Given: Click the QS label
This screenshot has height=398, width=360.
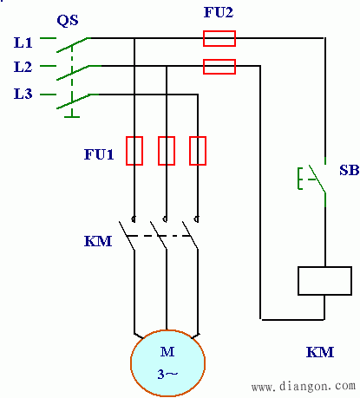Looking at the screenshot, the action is pos(68,21).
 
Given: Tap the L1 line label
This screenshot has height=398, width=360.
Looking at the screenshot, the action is pos(23,42).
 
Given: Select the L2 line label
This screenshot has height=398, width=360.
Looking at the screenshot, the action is pos(23,67).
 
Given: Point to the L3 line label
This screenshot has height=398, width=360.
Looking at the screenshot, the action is pos(23,94).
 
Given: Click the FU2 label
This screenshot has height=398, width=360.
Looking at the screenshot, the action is pos(219,12).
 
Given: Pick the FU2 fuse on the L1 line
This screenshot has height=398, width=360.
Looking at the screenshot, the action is pos(219,38).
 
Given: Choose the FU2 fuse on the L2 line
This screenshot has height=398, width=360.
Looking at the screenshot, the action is pos(219,67).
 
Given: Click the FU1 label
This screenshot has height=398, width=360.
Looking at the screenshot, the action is pos(99,154).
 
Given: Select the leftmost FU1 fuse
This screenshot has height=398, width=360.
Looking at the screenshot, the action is pos(134,151).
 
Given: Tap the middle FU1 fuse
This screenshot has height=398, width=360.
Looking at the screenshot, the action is pos(167,151).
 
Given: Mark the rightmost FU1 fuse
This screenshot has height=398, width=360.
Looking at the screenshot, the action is pos(198,151).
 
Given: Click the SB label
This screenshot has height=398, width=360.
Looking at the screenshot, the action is pos(350,170).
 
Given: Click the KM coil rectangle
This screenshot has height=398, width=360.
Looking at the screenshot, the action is pos(324,281).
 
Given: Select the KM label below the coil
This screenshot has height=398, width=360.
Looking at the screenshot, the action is pos(320,352).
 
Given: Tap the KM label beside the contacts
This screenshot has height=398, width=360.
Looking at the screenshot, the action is pos(98,241).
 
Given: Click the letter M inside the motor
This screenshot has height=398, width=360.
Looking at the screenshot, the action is pos(167,352).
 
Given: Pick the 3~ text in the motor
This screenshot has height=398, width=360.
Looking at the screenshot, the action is pos(167,375).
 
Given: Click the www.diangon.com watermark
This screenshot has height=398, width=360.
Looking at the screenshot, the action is pos(304,386).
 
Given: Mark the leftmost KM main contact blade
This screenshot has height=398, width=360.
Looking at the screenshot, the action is pos(127,236).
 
